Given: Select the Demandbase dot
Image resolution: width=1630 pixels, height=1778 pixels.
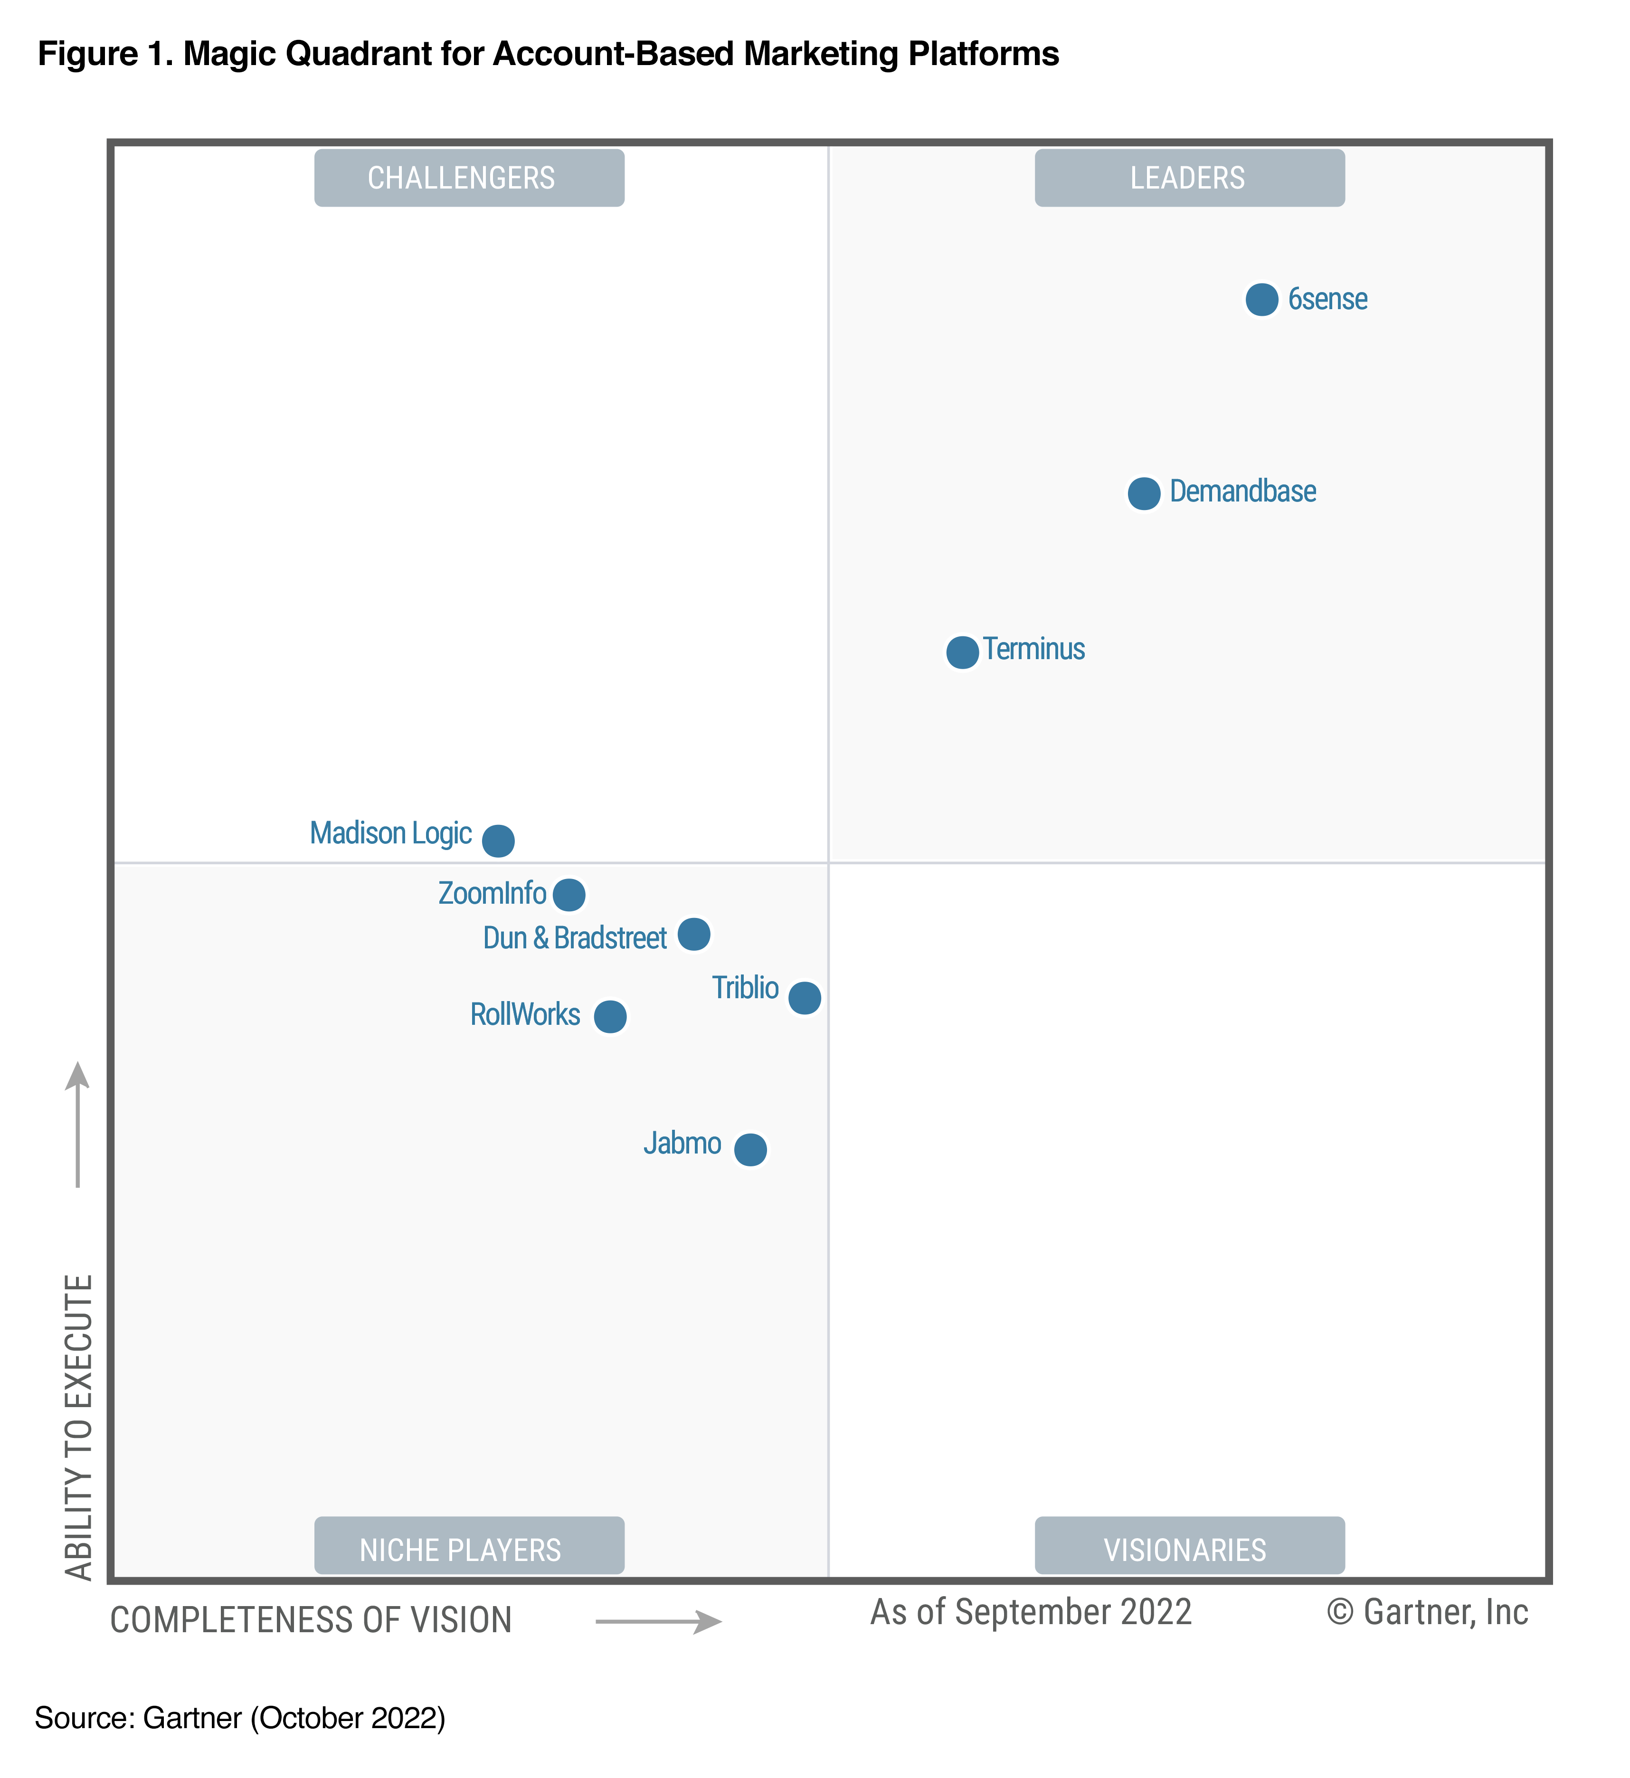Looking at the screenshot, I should [1144, 493].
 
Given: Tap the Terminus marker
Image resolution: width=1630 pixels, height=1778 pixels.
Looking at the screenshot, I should [962, 653].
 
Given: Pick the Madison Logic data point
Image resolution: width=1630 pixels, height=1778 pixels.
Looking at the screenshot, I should [498, 841].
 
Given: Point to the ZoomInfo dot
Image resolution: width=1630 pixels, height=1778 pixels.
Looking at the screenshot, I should [569, 894].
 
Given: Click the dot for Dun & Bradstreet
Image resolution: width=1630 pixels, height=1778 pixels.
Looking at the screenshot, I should [694, 934].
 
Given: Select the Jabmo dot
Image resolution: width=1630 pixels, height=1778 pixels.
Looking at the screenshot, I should [750, 1149].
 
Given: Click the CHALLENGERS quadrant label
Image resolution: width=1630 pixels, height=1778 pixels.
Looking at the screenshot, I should [469, 178].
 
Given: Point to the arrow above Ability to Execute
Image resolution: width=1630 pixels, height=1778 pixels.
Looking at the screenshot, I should [77, 1125].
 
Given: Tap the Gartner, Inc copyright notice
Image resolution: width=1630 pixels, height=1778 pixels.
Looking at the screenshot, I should [1427, 1612].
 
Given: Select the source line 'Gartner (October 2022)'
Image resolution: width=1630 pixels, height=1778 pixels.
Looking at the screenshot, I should [294, 1718].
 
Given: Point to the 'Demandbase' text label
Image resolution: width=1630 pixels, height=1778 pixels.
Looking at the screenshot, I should [1243, 491].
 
